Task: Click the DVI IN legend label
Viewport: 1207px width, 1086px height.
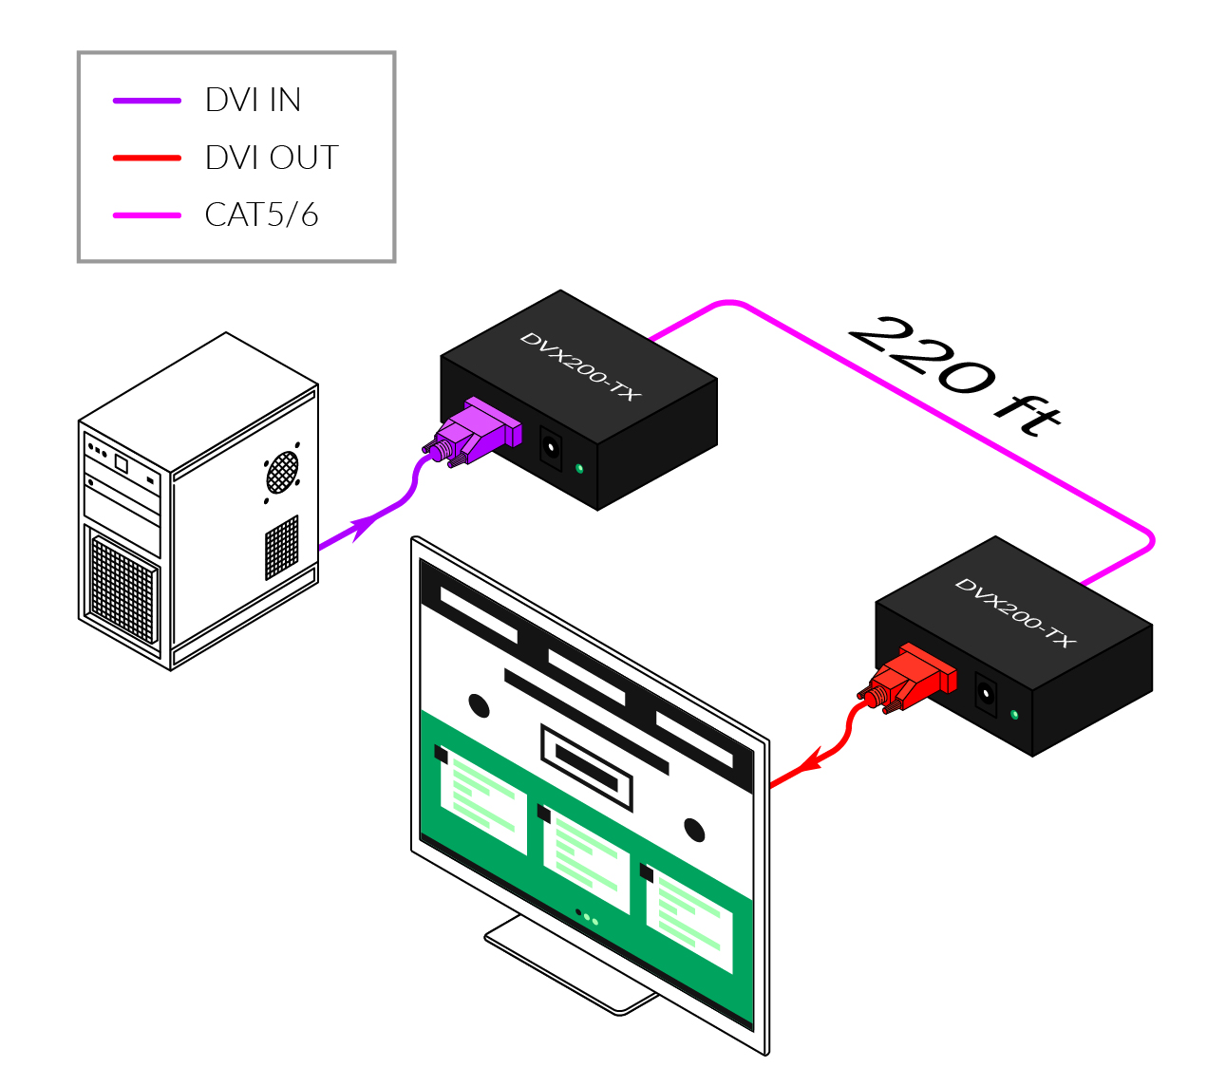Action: [x=253, y=100]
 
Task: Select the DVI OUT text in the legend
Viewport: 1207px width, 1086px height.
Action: [x=272, y=158]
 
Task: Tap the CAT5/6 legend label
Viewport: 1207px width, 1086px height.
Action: [x=261, y=215]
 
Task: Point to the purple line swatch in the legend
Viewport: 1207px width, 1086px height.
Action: [x=147, y=100]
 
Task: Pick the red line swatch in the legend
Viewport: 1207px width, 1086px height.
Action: [x=147, y=158]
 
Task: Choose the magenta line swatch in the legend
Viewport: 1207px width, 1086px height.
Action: [x=147, y=215]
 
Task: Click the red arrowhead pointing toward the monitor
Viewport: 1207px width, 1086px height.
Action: [x=809, y=761]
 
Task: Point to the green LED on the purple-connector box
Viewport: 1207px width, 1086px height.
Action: [x=579, y=468]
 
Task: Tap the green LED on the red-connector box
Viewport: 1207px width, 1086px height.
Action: [x=1014, y=714]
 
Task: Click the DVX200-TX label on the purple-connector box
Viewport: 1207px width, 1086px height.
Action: [x=579, y=365]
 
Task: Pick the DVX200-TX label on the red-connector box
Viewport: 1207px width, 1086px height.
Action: [x=1014, y=613]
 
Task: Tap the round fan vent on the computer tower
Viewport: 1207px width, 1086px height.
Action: [x=282, y=471]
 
